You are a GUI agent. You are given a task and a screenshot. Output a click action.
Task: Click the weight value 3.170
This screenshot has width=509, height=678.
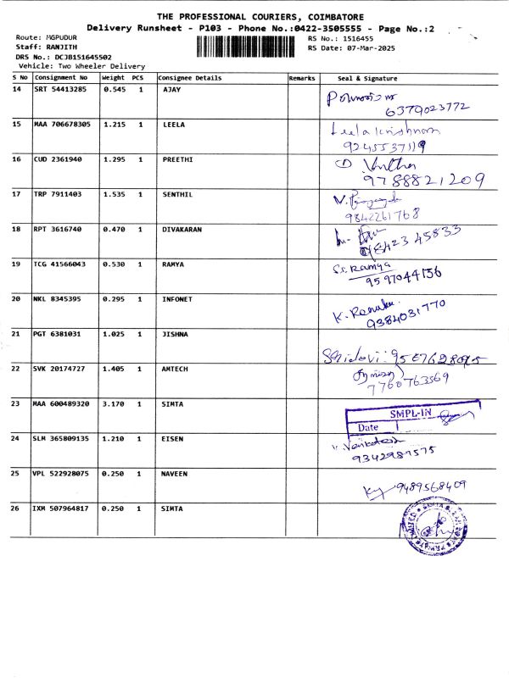(114, 403)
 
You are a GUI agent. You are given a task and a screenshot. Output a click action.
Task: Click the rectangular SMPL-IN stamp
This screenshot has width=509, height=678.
(406, 419)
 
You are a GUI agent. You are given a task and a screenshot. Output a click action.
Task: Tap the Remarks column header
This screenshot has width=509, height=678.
(301, 78)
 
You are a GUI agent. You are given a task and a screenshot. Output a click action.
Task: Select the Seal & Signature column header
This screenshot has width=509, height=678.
(367, 78)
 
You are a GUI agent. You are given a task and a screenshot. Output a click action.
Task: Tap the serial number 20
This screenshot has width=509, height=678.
(17, 298)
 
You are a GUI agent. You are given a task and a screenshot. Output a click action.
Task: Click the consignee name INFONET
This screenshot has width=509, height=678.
(177, 298)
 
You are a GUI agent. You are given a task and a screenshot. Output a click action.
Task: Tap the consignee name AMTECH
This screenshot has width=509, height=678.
(176, 369)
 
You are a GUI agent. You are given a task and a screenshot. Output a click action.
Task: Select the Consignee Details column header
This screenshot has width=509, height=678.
(190, 78)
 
